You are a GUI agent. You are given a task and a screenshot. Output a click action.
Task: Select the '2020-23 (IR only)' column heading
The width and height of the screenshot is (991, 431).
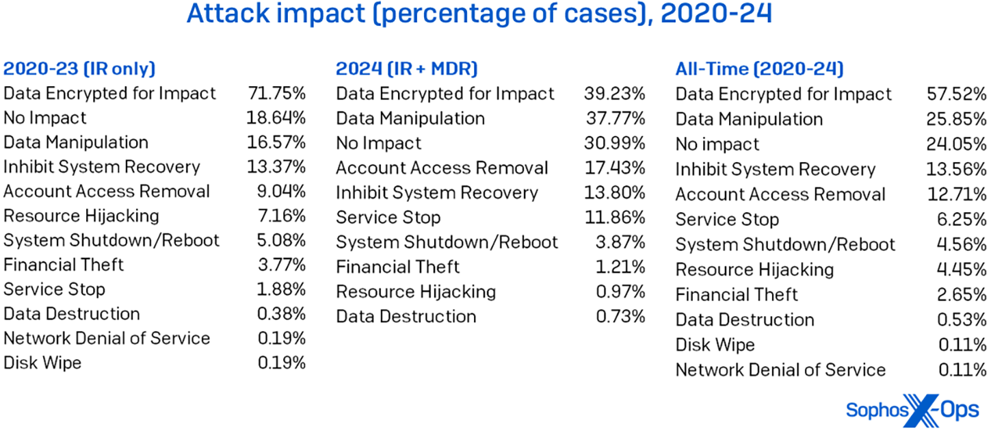point(79,68)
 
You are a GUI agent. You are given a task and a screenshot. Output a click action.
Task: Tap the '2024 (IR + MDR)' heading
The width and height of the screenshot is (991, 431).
point(406,68)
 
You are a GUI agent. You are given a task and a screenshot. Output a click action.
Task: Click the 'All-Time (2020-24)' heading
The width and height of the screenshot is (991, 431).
point(759,68)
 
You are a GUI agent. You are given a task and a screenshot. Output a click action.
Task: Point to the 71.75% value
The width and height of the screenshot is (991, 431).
point(276,93)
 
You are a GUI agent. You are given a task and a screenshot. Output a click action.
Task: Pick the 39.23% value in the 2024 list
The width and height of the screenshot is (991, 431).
point(614,93)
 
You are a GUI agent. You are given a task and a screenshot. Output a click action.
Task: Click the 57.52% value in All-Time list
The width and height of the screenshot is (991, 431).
point(956,94)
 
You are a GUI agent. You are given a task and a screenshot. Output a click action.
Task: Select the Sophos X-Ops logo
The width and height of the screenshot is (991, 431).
point(912,410)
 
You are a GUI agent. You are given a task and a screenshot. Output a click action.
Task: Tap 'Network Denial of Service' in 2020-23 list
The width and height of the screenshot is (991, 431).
point(107,339)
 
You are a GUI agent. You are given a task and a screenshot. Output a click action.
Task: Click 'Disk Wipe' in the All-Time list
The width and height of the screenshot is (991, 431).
point(715,345)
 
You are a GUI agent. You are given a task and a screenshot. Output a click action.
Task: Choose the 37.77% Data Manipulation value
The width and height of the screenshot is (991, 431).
point(615,118)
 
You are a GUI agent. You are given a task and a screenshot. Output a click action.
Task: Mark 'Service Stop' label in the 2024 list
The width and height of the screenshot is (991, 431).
point(388,218)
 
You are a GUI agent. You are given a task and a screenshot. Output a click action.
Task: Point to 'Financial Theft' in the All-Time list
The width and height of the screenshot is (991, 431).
point(737,295)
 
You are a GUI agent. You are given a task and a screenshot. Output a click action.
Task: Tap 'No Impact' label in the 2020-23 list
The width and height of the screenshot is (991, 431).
point(45,118)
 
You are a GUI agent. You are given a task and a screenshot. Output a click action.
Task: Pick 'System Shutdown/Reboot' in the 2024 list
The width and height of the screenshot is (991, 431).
point(447,242)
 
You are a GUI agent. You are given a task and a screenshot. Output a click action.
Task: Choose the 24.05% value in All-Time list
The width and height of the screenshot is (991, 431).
point(956,144)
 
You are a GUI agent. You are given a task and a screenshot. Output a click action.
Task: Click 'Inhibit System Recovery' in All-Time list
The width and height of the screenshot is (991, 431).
point(775,170)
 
